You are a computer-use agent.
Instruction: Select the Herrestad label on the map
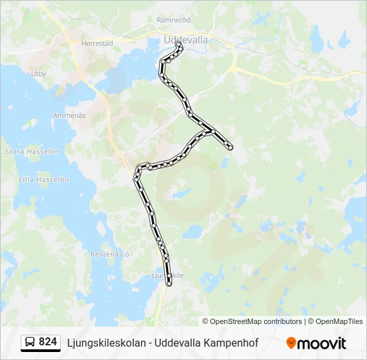pos(97,43)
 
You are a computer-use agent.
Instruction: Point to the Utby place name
pos(39,74)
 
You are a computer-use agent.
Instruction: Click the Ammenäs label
pos(69,115)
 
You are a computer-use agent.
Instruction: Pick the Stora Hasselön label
pos(32,151)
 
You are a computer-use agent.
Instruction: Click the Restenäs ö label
pos(109,254)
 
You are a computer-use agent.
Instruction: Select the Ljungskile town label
pos(167,275)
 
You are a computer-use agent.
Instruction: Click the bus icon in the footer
pos(30,343)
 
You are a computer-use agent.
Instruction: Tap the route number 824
pos(48,343)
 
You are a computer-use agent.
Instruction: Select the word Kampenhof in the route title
pos(234,343)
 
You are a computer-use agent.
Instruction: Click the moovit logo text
pos(322,343)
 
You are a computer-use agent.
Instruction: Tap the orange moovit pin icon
pos(291,343)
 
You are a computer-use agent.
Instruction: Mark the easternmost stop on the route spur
pos(231,147)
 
